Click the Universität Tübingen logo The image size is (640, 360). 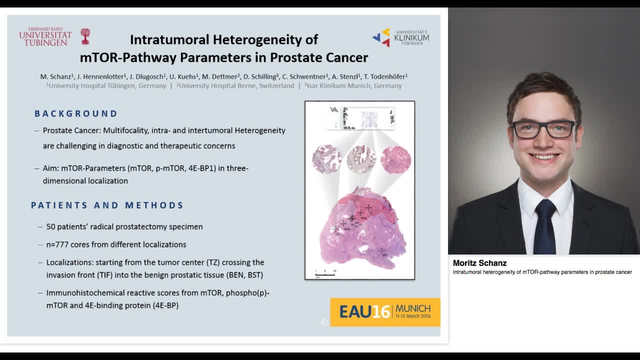point(54,37)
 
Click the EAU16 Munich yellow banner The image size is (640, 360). point(385,312)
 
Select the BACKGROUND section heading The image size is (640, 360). point(76,113)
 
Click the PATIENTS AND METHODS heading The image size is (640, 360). point(107,205)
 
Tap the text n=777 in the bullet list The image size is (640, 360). point(57,244)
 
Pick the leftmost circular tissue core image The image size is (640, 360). point(326,159)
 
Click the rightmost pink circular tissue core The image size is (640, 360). point(395,159)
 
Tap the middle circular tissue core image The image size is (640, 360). point(361,159)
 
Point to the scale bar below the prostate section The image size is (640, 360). point(325,272)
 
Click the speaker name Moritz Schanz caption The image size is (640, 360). point(479,263)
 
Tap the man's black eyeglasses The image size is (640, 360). point(543,128)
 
